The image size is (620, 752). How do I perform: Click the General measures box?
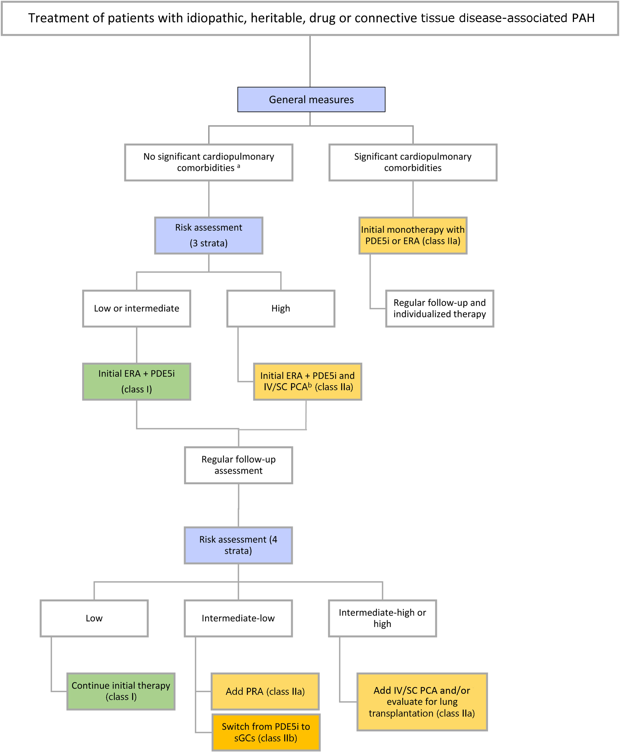311,99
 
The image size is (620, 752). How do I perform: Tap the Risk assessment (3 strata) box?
209,235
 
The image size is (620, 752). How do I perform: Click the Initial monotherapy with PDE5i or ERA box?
413,235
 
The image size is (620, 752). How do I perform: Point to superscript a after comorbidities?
239,166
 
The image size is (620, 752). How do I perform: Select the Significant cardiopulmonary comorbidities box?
413,162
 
